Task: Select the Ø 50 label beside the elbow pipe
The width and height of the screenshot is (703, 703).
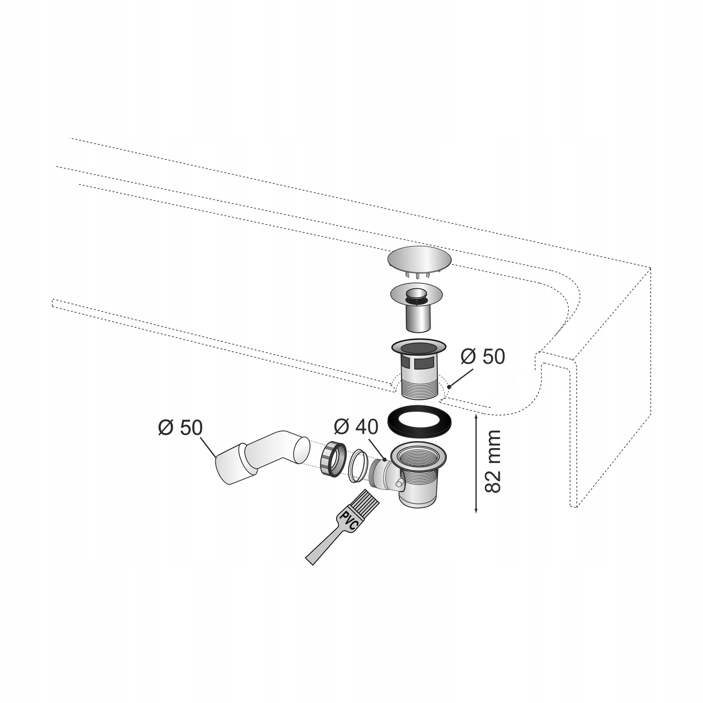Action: pos(181,428)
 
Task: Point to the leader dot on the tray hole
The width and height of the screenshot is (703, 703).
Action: pos(449,387)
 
